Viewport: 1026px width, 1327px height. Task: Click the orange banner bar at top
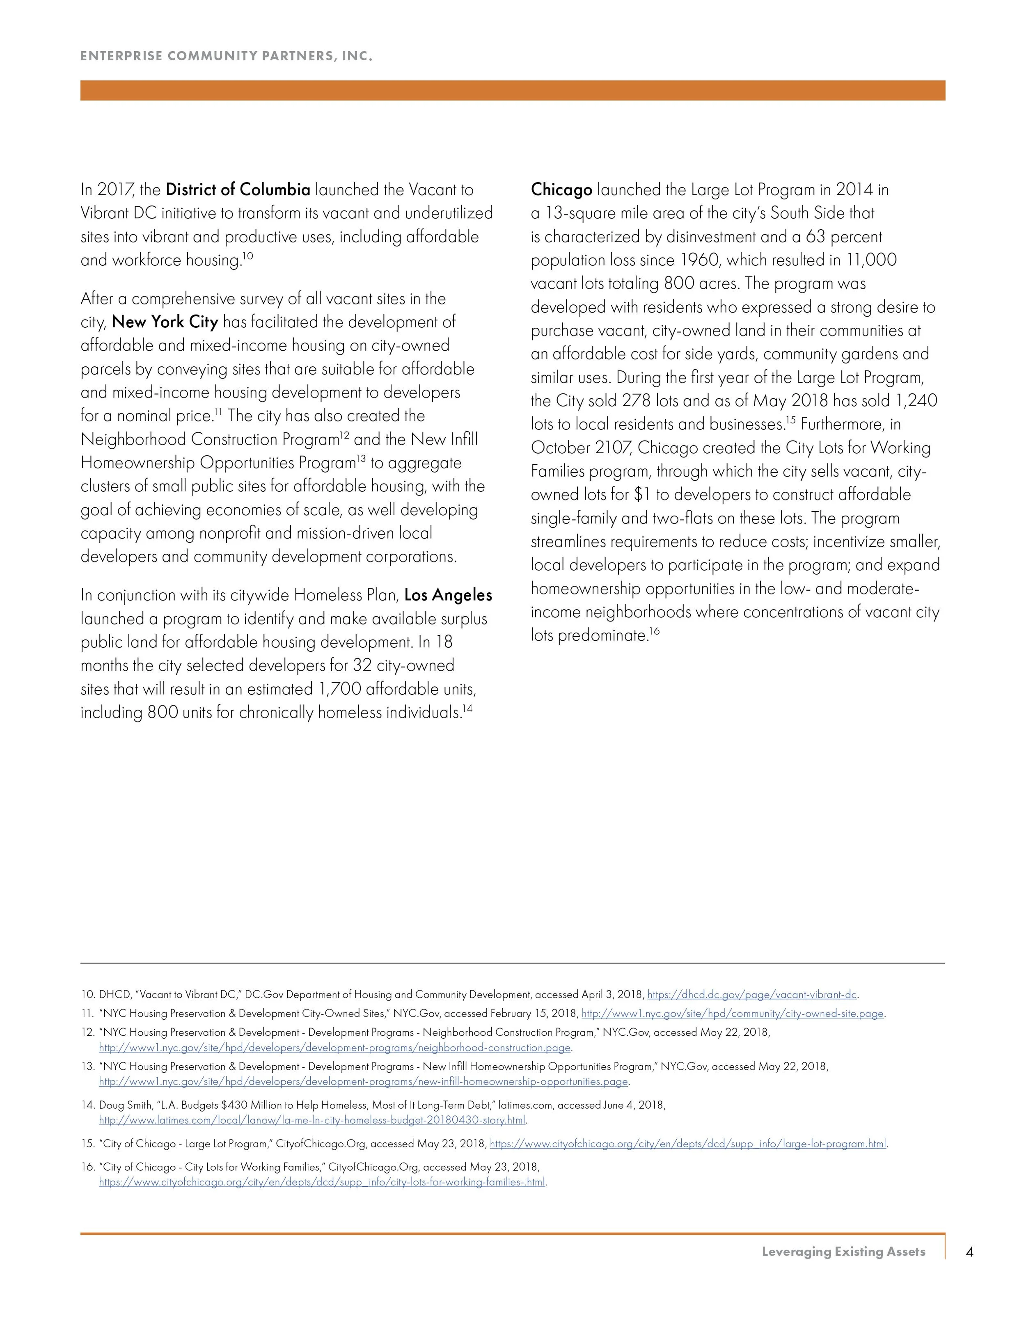click(x=513, y=91)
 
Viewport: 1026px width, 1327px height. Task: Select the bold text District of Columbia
click(x=238, y=190)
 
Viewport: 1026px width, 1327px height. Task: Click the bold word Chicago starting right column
click(x=561, y=190)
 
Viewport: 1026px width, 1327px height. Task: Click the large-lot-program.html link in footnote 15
click(x=688, y=1144)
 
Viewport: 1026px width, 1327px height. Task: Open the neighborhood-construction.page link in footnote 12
click(x=335, y=1048)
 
